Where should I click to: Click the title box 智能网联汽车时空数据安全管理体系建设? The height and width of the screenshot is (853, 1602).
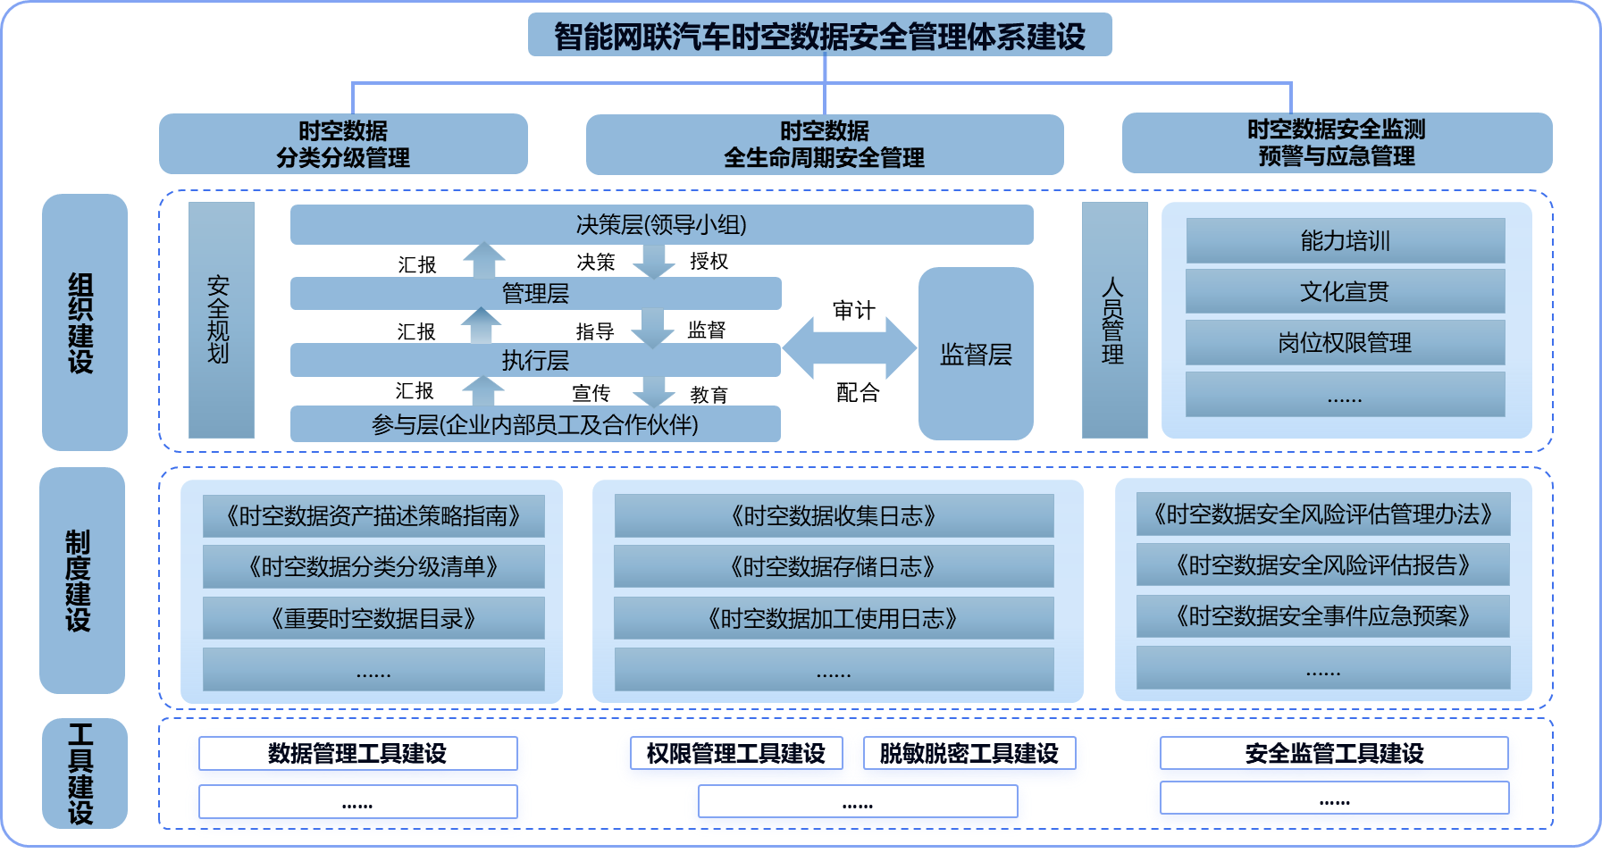coord(819,35)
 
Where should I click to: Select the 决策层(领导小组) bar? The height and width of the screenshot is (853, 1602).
coord(661,224)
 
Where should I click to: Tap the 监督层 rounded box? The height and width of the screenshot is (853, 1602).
coord(976,354)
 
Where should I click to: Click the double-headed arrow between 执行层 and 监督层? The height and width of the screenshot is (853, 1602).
coord(850,348)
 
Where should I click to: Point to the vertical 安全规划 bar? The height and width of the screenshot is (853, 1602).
coord(222,320)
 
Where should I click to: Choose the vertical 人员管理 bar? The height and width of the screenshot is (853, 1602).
coord(1114,320)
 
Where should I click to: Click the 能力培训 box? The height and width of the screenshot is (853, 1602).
coord(1345,240)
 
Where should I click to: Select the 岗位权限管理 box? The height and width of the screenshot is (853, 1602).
coord(1345,342)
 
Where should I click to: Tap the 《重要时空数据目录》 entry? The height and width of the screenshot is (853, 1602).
coord(373,618)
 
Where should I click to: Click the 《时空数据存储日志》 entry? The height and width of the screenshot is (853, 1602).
coord(834,566)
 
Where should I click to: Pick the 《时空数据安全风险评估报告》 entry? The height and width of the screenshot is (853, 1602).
coord(1323,564)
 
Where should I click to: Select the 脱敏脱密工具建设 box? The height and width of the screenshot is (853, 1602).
coord(969,753)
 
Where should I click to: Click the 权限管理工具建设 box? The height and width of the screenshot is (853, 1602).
coord(736,753)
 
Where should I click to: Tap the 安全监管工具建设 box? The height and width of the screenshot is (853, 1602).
coord(1334,753)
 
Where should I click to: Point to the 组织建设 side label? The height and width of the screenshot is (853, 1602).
coord(84,322)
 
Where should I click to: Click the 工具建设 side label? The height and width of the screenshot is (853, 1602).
coord(84,774)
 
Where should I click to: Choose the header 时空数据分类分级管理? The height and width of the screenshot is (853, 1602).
coord(343,144)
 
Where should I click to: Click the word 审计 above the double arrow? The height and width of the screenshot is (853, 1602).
coord(853,310)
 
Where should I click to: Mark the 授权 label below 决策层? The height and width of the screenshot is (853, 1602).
coord(709,261)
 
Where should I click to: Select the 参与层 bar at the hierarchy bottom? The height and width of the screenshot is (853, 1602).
coord(535,423)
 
